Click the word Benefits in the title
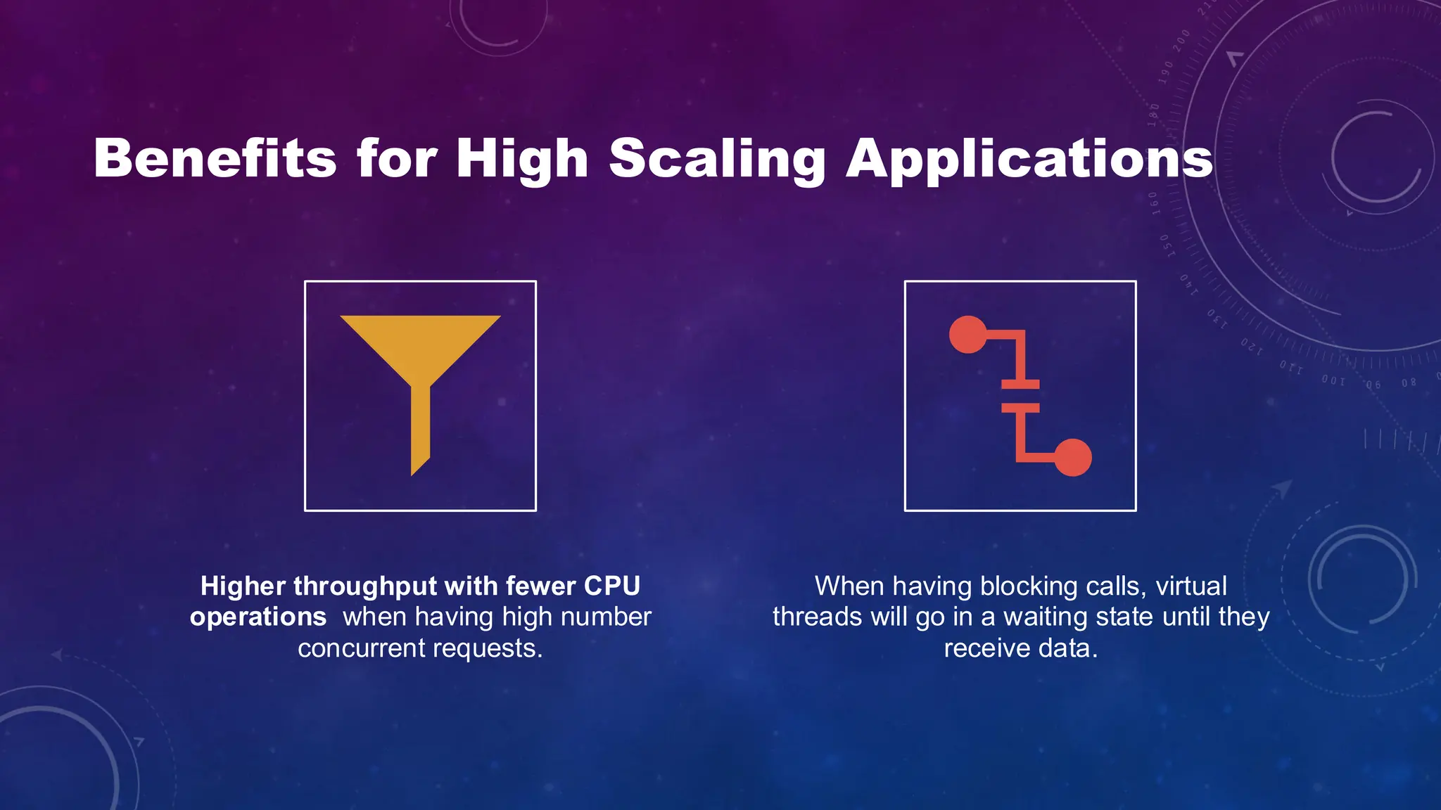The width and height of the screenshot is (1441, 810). (215, 158)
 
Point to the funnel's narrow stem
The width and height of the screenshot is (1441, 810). (420, 429)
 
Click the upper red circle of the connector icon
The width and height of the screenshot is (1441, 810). (968, 335)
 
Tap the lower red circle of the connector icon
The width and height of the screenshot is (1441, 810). (1072, 458)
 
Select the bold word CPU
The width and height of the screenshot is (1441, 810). (611, 586)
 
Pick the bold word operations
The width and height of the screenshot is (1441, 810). (258, 617)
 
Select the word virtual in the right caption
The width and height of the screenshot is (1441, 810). (1191, 586)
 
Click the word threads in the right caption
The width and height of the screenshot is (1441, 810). (817, 617)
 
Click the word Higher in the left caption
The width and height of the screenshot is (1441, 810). (243, 586)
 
